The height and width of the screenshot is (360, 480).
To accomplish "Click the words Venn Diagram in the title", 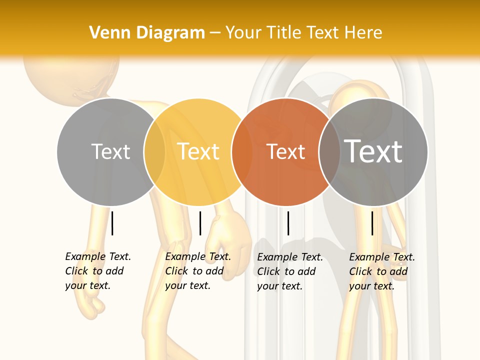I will point(147,33).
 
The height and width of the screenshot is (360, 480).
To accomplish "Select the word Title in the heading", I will point(286,33).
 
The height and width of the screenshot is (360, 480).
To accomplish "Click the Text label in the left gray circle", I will point(110,151).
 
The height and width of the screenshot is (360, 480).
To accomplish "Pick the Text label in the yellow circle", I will point(198,151).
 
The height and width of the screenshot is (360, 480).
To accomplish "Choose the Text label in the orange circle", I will point(286,151).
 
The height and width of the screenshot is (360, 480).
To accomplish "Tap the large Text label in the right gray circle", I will point(373,151).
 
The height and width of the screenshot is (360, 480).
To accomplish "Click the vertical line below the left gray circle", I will point(112,223).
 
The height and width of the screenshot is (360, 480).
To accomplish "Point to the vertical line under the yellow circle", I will point(200,223).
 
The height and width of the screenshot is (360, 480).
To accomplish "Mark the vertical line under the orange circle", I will point(288,223).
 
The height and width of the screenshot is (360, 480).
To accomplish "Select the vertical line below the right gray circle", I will point(372,223).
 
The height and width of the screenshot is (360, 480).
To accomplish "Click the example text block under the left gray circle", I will point(98,271).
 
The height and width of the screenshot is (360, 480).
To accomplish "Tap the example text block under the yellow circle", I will point(198,271).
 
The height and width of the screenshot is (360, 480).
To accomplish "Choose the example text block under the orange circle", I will point(290,271).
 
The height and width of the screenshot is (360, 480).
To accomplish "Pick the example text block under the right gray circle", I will point(382,271).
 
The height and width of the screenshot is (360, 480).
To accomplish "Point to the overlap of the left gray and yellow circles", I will point(154,151).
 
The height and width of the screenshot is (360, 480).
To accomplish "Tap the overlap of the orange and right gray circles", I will point(329,151).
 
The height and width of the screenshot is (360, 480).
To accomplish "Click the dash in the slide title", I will point(215,33).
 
